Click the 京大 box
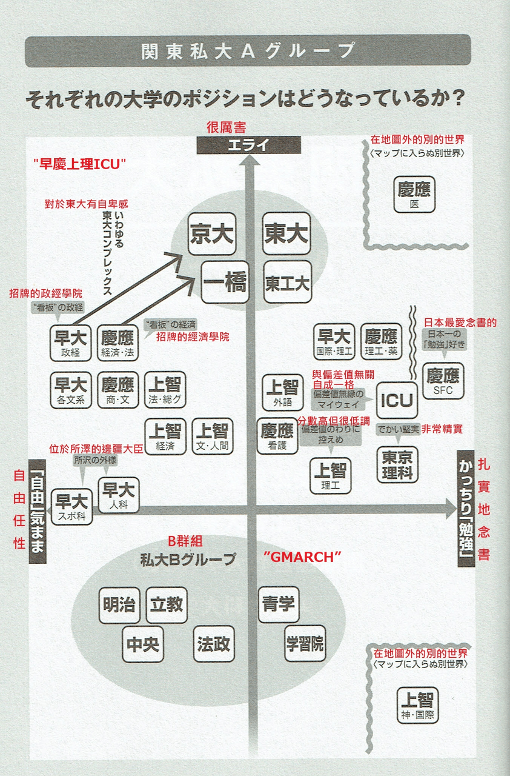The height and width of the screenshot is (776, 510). point(212,233)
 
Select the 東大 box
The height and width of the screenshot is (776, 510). point(286,233)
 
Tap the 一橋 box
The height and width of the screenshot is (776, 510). point(225,282)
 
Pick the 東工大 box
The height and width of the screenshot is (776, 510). point(287,282)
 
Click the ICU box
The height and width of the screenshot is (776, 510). point(397,400)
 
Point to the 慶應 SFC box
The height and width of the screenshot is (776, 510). point(443,381)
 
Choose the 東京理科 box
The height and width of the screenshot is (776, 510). point(397,464)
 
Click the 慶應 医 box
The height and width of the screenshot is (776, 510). point(414,195)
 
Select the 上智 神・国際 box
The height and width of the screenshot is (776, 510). point(417,705)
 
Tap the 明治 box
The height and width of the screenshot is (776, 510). point(119,605)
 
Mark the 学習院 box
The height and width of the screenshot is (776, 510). point(305,643)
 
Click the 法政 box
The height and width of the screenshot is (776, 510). point(213,644)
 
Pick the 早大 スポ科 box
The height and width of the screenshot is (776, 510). point(71,506)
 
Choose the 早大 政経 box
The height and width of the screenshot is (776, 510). point(71,343)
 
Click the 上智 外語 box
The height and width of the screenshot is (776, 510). point(283,392)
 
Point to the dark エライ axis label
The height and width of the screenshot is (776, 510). point(248,145)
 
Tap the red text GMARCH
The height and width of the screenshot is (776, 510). point(302,557)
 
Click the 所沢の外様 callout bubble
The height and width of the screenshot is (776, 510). point(95,460)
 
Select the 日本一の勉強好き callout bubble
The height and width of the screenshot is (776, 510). point(444,339)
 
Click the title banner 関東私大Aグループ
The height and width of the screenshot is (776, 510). point(248,50)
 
